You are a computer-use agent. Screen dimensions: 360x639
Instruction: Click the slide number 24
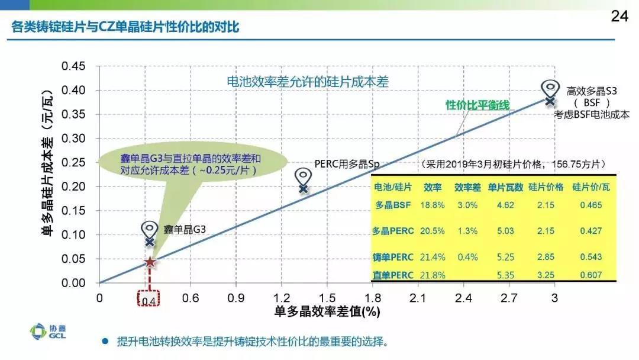(x=619, y=16)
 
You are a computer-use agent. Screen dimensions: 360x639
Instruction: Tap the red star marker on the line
(x=150, y=262)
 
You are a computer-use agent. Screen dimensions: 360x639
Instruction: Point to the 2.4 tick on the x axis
(x=463, y=297)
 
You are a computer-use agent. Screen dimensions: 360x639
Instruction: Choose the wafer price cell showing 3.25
(x=546, y=275)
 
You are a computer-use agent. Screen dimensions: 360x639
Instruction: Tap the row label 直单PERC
(x=393, y=275)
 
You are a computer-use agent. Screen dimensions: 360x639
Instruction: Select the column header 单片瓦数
(x=505, y=187)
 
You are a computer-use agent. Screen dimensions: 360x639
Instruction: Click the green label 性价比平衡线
(x=477, y=105)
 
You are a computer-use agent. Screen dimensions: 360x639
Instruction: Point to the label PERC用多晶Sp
(x=346, y=163)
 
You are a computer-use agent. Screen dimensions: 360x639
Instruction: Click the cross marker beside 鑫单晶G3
(x=150, y=242)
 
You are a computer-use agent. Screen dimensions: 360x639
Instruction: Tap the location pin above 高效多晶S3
(x=550, y=88)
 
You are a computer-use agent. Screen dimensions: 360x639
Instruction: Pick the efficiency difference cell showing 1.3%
(x=466, y=230)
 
